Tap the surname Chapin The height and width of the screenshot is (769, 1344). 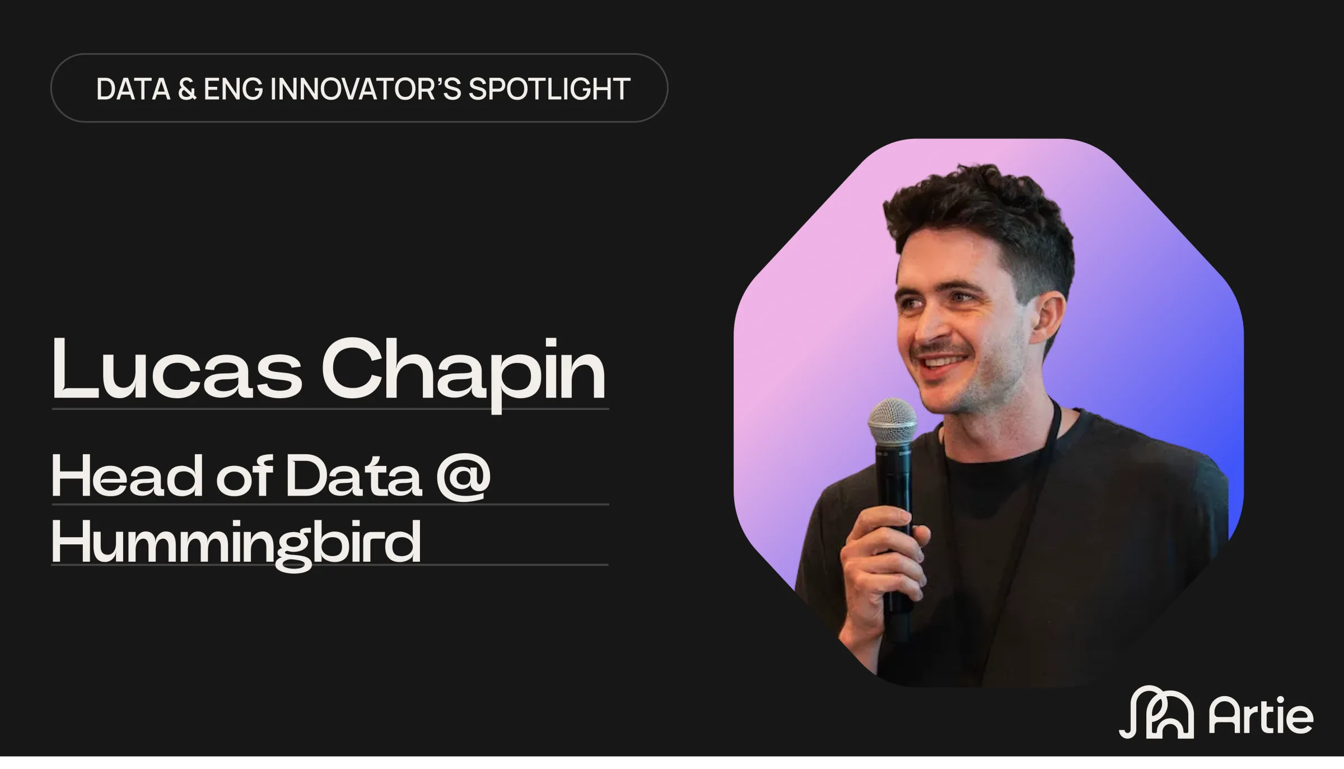[464, 374]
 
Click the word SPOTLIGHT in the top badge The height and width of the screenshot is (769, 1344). [549, 89]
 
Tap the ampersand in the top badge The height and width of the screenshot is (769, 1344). [187, 89]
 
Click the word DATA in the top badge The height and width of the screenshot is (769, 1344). [133, 89]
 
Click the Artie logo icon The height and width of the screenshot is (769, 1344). [1156, 712]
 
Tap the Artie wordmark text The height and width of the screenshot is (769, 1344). [1261, 716]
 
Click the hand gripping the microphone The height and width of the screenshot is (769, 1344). [879, 566]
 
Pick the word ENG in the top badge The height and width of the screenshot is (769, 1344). [233, 89]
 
